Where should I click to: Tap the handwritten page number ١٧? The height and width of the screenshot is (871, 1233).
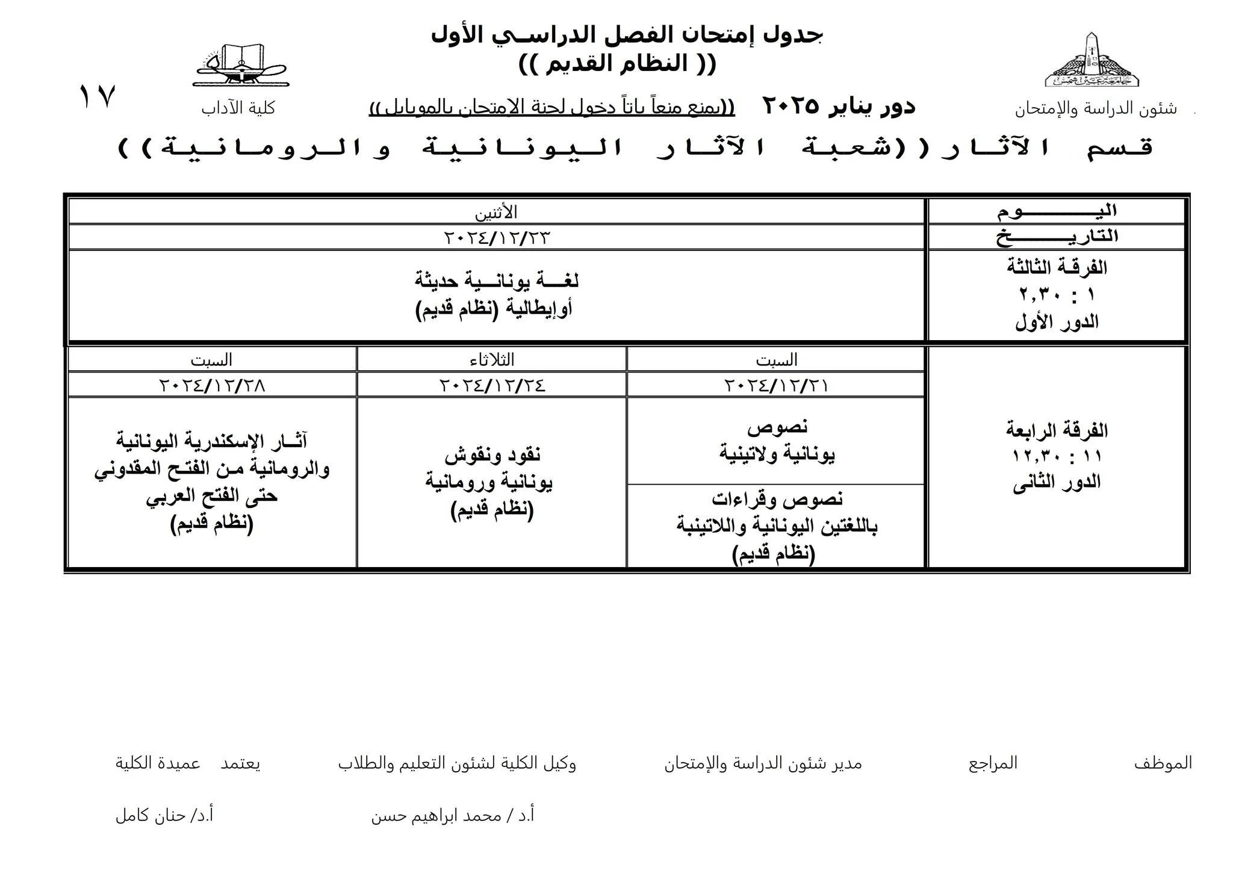tap(97, 96)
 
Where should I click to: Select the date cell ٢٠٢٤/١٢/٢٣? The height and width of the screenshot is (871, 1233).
tap(497, 238)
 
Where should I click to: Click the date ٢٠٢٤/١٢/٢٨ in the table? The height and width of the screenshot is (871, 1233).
tap(212, 385)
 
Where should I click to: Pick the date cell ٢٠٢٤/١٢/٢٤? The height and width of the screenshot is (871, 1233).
tap(492, 385)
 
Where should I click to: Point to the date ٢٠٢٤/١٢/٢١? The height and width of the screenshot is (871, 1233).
tap(775, 385)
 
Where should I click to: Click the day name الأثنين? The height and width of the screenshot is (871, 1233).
tap(496, 212)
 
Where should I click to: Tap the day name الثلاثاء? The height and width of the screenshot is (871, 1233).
tap(492, 360)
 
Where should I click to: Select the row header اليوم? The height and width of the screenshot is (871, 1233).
tap(1057, 211)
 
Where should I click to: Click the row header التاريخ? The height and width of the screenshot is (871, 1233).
tap(1057, 237)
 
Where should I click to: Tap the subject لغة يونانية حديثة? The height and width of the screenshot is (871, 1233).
tap(496, 281)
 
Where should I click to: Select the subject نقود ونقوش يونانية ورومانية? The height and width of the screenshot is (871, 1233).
tap(492, 468)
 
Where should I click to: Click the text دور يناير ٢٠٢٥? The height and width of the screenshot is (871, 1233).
tap(839, 107)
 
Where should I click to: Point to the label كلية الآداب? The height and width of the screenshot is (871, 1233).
tap(238, 108)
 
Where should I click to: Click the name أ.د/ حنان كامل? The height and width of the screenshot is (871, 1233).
tap(164, 816)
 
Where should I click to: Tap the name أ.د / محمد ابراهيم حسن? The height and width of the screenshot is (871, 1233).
tap(453, 816)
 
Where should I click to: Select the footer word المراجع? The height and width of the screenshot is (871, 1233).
tap(993, 763)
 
